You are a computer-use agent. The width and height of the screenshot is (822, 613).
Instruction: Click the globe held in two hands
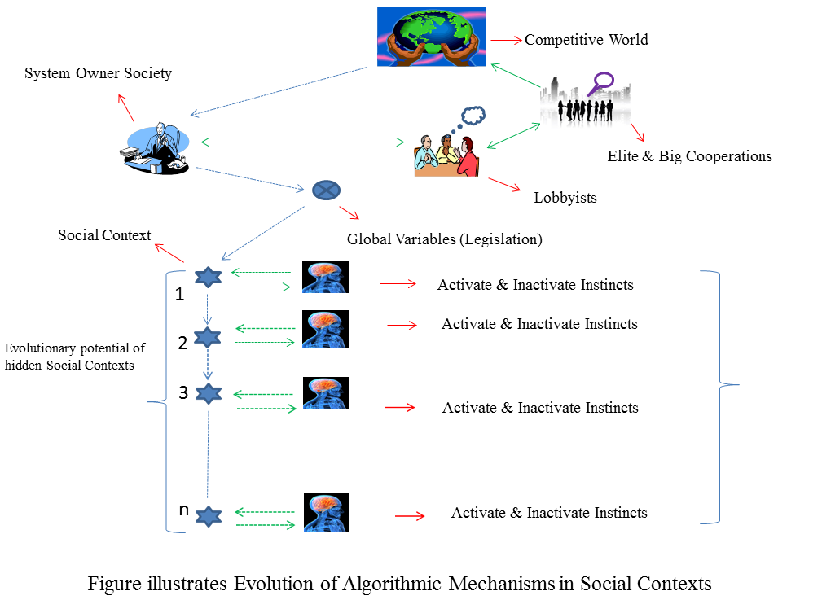coord(432,37)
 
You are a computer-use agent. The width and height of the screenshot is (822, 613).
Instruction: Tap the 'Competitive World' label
coord(586,40)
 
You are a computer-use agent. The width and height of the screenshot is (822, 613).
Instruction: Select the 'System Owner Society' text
coord(98,73)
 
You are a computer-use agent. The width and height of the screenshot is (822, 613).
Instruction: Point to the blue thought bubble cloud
coord(473,116)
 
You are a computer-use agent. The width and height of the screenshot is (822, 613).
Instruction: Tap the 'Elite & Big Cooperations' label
coord(689,156)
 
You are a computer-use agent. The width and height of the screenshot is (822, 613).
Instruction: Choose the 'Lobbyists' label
coord(565,198)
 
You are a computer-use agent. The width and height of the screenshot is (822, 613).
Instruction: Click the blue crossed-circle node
coord(326,190)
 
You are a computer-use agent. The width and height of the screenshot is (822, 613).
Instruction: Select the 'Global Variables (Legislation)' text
coord(445,239)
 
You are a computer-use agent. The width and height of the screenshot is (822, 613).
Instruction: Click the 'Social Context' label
coord(104,235)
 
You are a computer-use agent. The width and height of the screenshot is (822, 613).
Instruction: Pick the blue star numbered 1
coord(208,277)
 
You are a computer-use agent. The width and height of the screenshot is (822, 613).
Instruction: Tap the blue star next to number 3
coord(209,393)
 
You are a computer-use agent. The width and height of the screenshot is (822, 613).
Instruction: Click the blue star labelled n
coord(209,517)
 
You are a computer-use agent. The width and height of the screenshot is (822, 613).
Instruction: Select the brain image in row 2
coord(326,329)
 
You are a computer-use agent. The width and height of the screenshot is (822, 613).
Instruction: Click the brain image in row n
coord(326,513)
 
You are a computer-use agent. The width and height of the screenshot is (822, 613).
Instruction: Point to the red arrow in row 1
coord(398,284)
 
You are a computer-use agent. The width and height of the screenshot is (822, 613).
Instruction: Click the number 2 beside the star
coord(182,343)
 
